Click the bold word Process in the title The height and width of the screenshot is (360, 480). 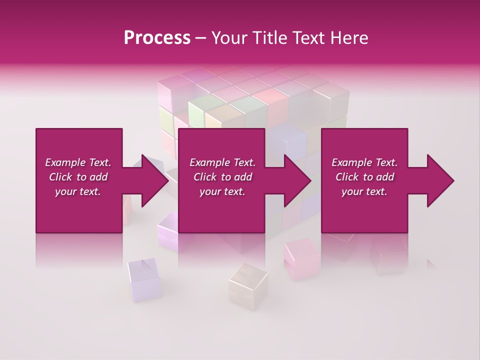click(157, 37)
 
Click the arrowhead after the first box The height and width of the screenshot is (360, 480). click(155, 180)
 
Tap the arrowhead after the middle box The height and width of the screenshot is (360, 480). click(298, 180)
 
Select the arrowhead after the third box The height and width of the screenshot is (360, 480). click(440, 180)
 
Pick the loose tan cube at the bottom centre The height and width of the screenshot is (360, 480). click(248, 282)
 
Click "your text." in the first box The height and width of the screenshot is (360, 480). click(78, 191)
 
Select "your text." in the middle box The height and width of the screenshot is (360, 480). click(222, 191)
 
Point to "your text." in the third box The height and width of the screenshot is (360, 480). click(364, 191)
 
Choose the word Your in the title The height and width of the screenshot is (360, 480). click(227, 37)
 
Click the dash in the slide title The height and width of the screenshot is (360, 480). click(201, 38)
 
